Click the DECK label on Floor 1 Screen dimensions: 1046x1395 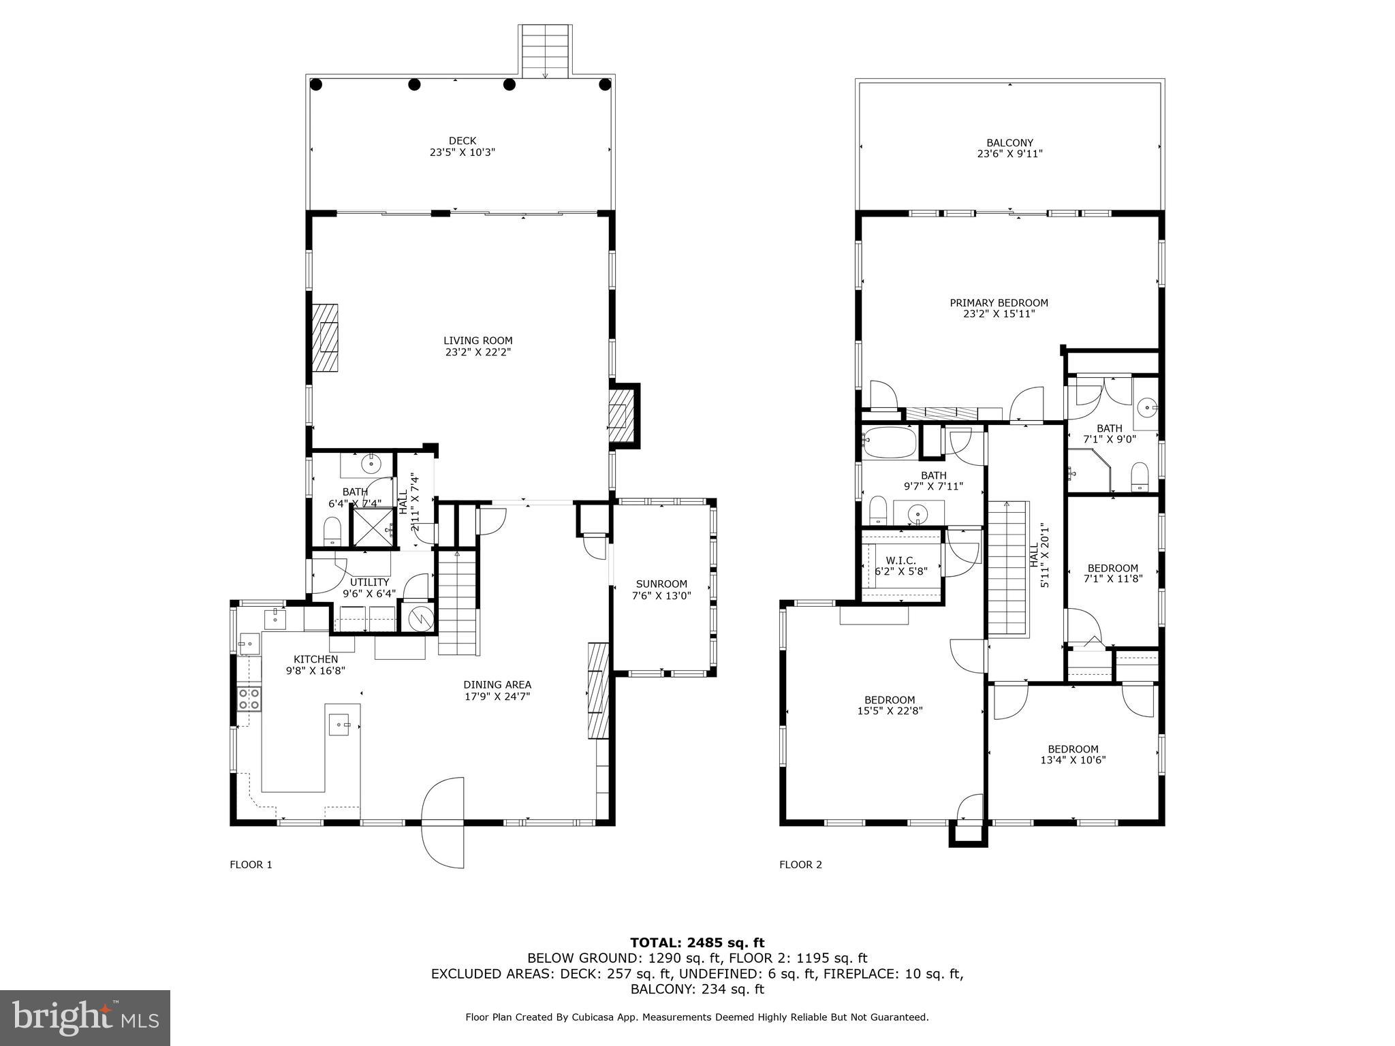462,141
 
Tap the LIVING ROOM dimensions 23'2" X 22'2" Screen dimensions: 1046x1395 477,352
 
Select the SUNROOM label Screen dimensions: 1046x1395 661,584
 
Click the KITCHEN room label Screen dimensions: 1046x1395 315,659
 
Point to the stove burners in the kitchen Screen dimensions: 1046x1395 249,699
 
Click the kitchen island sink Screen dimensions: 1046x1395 340,724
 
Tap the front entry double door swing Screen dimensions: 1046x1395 443,823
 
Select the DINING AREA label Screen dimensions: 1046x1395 497,684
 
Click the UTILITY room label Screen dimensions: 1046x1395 369,582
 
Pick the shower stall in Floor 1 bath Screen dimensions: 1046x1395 372,527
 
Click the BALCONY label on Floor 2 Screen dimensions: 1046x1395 1009,143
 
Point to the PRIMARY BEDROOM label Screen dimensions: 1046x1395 999,303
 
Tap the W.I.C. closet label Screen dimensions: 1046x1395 901,560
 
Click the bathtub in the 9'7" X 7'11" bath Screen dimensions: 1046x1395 889,442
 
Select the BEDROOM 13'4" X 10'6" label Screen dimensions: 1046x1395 1073,749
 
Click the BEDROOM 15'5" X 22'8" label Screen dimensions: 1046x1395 890,699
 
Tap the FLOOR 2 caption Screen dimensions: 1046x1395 800,865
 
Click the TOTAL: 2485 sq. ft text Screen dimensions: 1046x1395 697,942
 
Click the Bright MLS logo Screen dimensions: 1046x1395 85,1017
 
